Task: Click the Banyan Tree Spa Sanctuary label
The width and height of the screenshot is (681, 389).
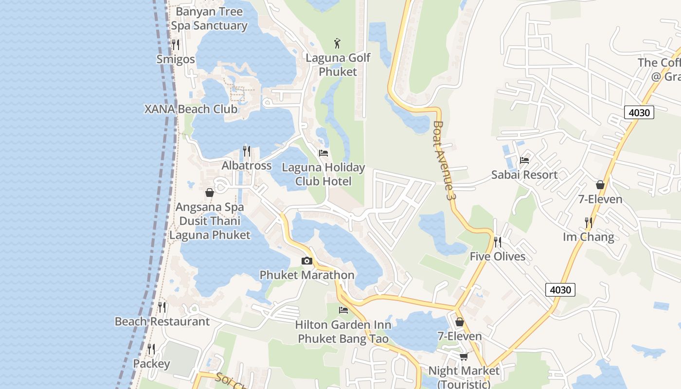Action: click(x=209, y=18)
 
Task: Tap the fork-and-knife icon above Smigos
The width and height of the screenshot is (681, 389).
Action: click(x=176, y=45)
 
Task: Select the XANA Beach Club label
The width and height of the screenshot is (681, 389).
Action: click(x=191, y=109)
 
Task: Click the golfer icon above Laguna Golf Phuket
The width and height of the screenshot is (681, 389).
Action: click(x=338, y=43)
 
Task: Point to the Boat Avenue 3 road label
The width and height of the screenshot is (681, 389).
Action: click(x=444, y=161)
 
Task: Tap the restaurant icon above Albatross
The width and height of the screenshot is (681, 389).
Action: click(x=247, y=151)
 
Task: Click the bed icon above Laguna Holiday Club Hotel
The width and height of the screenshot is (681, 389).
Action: click(x=323, y=153)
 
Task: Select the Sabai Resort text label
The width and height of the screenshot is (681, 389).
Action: click(x=524, y=175)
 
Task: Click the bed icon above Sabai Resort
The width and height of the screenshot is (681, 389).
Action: click(x=524, y=160)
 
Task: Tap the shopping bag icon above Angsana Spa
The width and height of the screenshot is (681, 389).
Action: click(x=210, y=193)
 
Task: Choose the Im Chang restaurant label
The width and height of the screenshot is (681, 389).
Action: click(x=588, y=237)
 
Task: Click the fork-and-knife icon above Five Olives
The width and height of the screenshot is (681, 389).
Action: click(x=498, y=242)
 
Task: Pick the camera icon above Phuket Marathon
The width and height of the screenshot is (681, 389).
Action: click(x=306, y=261)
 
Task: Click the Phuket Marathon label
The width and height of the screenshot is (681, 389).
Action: click(x=306, y=275)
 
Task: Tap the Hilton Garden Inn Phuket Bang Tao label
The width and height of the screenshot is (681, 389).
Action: click(x=343, y=332)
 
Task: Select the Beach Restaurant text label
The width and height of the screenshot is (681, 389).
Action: click(x=162, y=321)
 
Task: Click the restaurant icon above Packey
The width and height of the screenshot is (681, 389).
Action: click(x=151, y=349)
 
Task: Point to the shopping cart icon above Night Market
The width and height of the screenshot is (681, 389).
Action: click(x=464, y=356)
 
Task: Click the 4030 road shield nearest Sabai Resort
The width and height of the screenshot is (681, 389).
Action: click(x=639, y=112)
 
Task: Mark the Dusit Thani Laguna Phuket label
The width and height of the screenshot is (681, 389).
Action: click(x=210, y=228)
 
